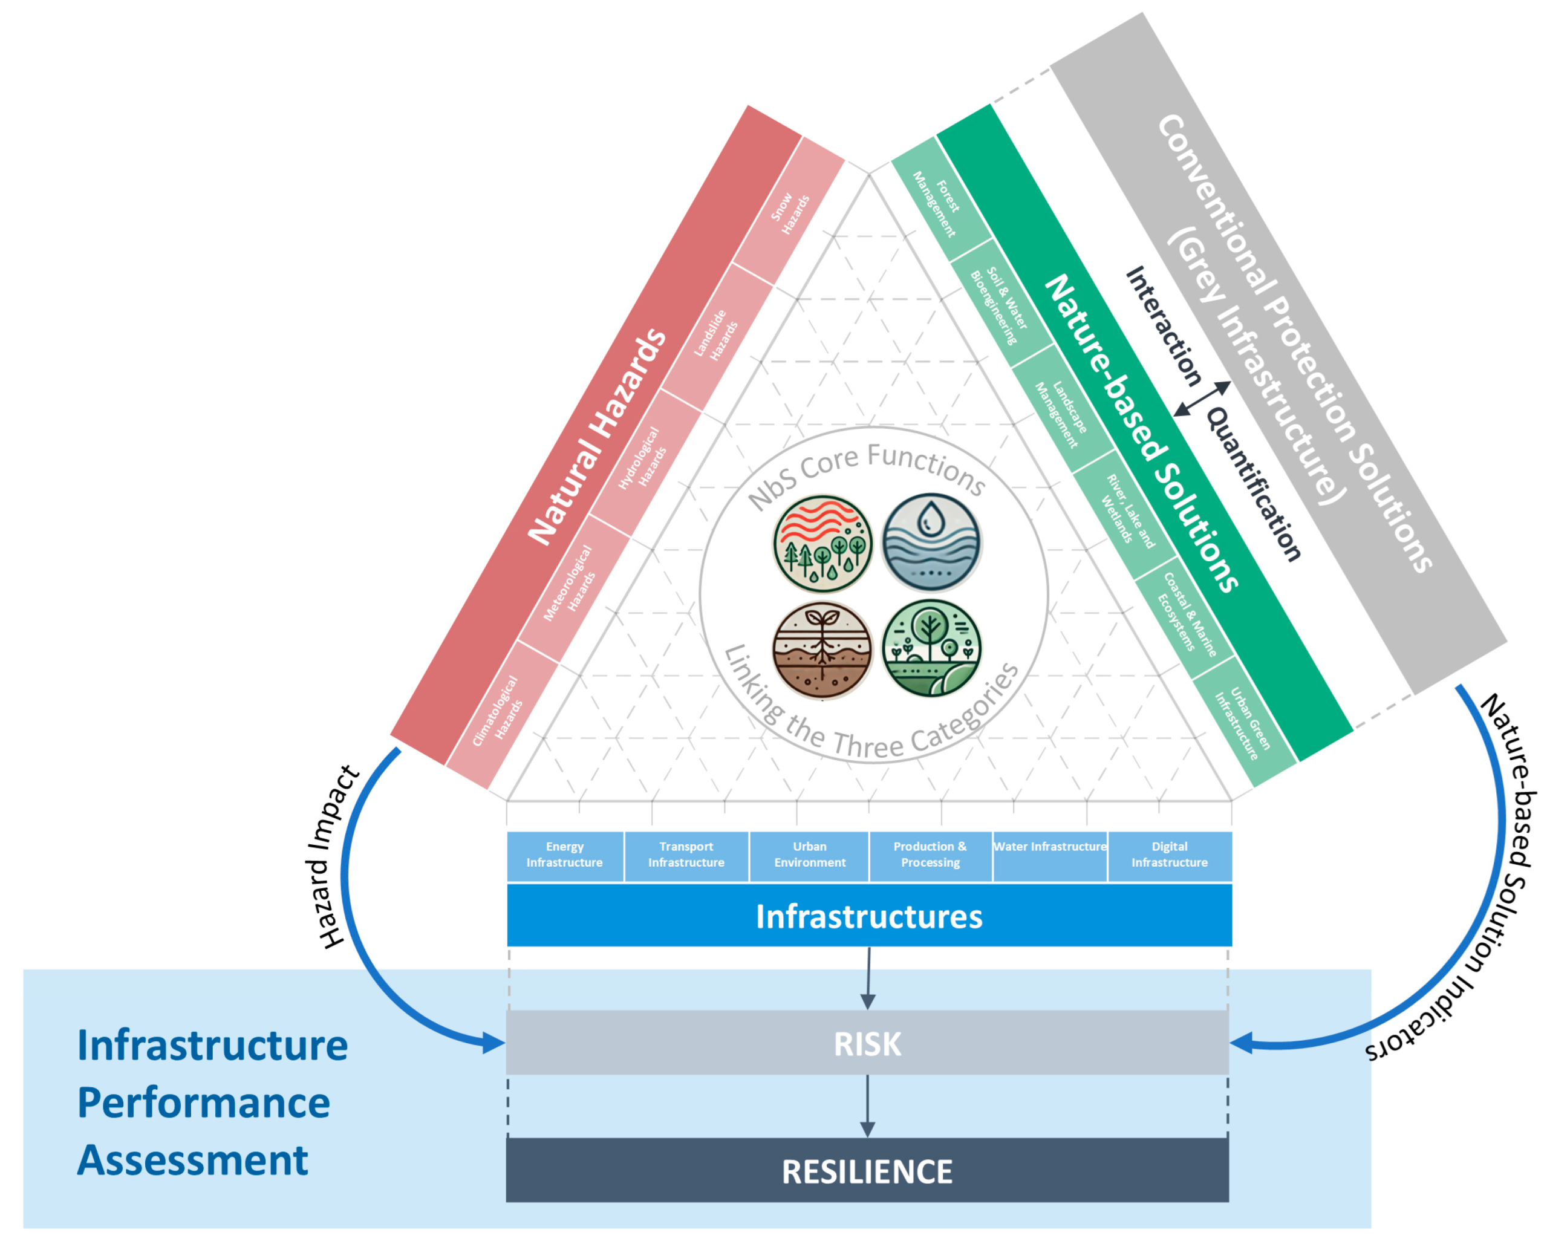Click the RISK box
(867, 1044)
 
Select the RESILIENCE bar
(867, 1172)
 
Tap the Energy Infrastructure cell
(565, 855)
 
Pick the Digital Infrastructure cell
(1170, 855)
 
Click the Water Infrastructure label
(1050, 847)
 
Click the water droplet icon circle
(931, 542)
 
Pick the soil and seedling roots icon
(822, 650)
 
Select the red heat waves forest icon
(822, 544)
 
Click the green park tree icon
(931, 648)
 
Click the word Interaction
(1163, 327)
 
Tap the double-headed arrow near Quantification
(1202, 399)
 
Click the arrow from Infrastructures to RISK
(868, 979)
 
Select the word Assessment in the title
(192, 1161)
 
